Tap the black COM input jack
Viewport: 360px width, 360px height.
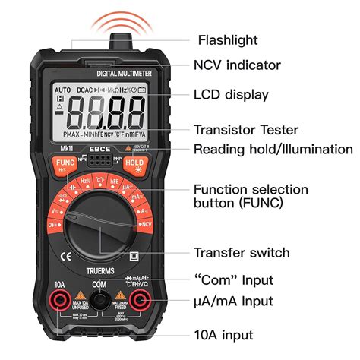click(x=99, y=303)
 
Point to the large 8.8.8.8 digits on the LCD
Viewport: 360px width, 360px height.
click(x=103, y=116)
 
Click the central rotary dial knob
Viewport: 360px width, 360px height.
click(x=99, y=224)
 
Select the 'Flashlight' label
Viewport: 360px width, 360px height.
click(x=228, y=39)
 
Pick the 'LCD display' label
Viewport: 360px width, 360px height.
click(x=232, y=94)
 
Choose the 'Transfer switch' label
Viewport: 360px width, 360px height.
click(x=242, y=253)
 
